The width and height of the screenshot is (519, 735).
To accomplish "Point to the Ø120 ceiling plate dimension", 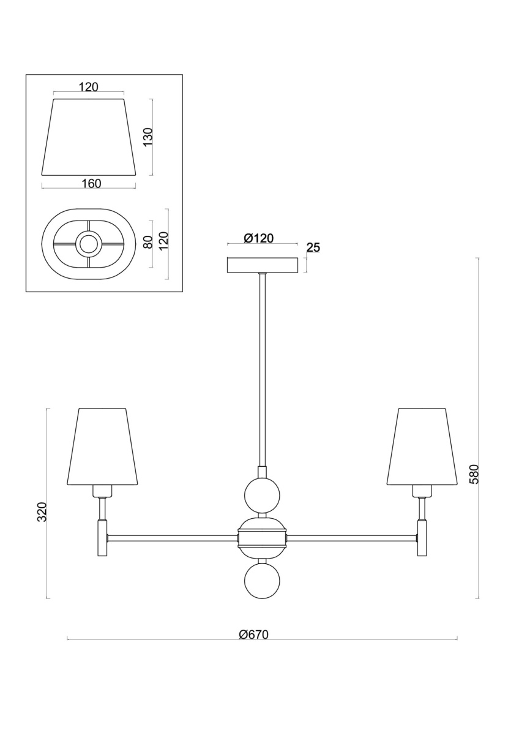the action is [x=259, y=238].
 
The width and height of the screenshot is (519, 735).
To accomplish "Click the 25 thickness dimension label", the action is [x=313, y=247].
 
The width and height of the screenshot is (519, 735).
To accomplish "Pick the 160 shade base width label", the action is [x=91, y=184].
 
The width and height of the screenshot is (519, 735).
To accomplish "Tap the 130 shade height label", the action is [x=148, y=137].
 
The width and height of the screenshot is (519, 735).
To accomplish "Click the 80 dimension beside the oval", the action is [x=149, y=242].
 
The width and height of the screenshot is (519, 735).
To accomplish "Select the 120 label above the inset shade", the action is [x=89, y=87].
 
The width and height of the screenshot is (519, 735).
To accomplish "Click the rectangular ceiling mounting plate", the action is [x=263, y=265].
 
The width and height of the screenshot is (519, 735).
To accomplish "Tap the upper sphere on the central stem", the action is [x=263, y=495].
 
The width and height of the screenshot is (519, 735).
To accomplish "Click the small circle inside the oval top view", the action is [x=88, y=244].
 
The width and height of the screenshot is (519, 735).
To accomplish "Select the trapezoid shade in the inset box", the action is [x=89, y=137].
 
